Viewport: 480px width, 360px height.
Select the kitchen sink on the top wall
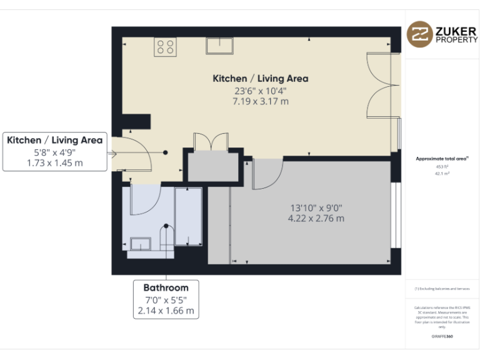point(219,45)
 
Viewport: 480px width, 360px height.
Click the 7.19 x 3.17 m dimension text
point(261,101)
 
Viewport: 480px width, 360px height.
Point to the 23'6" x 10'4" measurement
point(261,90)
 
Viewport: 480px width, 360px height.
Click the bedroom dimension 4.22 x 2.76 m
point(316,219)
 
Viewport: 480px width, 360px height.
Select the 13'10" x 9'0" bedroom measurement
point(316,207)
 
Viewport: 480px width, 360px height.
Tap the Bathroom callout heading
point(166,287)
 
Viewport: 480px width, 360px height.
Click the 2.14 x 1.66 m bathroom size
point(166,310)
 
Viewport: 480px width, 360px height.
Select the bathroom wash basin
point(142,244)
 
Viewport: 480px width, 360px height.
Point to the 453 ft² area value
point(442,167)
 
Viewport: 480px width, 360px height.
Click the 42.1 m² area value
point(442,174)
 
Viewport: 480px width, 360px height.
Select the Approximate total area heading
point(442,159)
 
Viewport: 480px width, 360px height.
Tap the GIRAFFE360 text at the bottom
point(442,337)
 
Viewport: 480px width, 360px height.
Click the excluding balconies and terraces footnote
point(442,289)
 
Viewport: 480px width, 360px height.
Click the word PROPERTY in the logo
point(456,39)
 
